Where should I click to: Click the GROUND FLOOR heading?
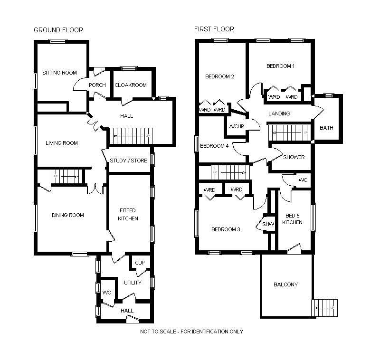pos(58,30)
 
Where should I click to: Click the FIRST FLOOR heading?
pos(214,29)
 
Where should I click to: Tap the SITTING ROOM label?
pos(59,73)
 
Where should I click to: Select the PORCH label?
pos(97,85)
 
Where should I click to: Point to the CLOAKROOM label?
pos(131,85)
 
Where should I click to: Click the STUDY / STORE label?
pos(128,161)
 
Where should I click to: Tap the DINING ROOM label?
pos(68,215)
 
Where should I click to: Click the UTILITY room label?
pos(133,283)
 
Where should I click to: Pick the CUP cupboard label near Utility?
pos(140,263)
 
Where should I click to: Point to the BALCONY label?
pos(286,284)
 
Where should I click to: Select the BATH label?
pos(326,128)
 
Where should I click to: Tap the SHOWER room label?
pos(294,157)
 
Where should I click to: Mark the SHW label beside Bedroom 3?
pos(268,225)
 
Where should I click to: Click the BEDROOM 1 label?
pos(280,66)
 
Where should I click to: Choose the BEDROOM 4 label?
pos(214,146)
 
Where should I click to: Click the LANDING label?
pos(279,114)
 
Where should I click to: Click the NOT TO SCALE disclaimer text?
pos(191,332)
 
